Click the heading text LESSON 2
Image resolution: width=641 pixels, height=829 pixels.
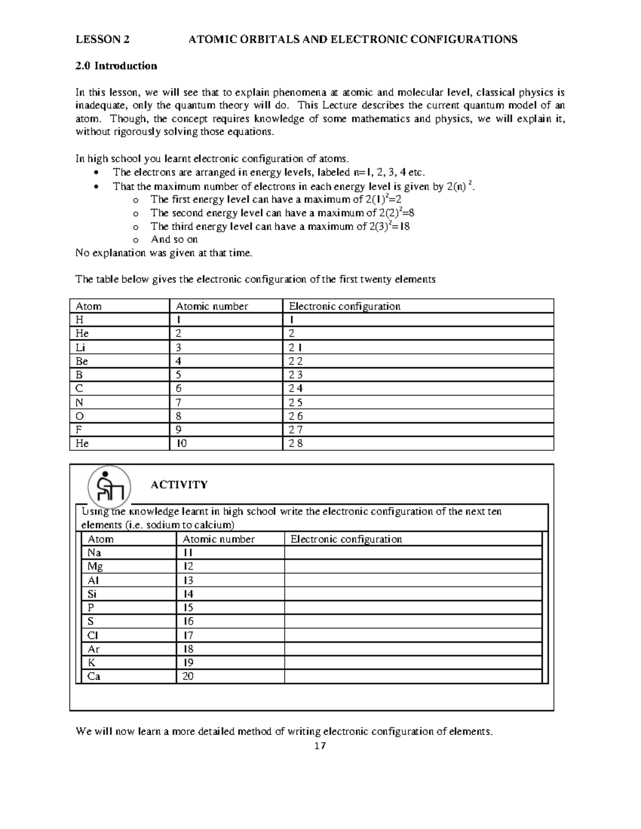(x=102, y=39)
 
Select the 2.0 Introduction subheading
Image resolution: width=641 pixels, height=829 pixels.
(x=116, y=66)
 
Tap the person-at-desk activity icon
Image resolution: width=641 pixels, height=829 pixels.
(x=109, y=487)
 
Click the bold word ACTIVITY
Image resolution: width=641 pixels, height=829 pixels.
(x=179, y=485)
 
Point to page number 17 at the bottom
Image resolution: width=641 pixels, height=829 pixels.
(x=320, y=746)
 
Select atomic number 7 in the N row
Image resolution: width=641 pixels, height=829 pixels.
(x=179, y=402)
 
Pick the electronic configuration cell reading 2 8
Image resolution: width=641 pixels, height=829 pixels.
(x=296, y=443)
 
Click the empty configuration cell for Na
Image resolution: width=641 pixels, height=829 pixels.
(x=412, y=552)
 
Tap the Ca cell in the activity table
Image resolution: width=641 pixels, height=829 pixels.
(x=94, y=676)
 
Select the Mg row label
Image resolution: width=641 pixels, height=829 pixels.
(x=95, y=566)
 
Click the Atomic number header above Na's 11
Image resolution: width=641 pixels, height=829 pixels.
(x=218, y=539)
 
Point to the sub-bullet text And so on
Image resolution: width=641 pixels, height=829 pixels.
(x=174, y=239)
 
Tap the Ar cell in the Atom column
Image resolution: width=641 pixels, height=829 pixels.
(x=93, y=649)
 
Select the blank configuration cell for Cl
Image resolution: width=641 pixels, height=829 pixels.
(x=412, y=635)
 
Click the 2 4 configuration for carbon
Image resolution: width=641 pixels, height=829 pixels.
(x=296, y=389)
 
